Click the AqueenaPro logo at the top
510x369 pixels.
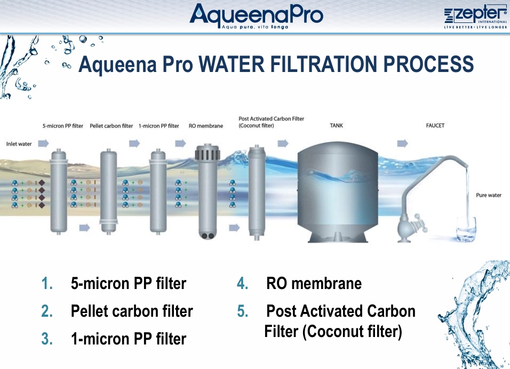(256, 16)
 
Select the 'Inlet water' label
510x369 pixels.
(19, 143)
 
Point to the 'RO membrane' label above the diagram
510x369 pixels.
(206, 126)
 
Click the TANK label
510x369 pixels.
(336, 125)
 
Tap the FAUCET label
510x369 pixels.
(435, 125)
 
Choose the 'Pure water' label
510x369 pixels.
(489, 195)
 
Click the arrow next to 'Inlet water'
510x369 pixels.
(43, 143)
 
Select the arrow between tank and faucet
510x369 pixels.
(402, 143)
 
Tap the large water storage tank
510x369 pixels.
(338, 192)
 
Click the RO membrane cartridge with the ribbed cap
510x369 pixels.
(207, 192)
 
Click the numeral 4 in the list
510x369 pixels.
(242, 284)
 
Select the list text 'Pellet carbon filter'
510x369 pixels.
(132, 311)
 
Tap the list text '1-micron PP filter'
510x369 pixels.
(129, 339)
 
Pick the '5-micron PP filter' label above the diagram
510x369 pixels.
(63, 126)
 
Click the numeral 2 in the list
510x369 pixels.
(47, 311)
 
